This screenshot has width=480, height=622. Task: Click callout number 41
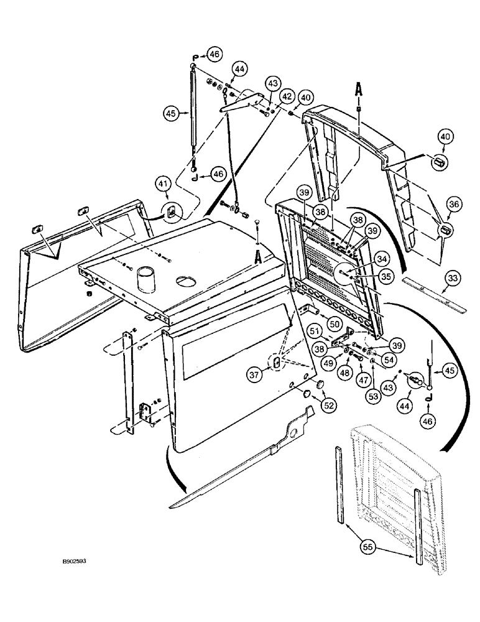tap(162, 185)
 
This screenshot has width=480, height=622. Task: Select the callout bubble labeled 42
tap(287, 96)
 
